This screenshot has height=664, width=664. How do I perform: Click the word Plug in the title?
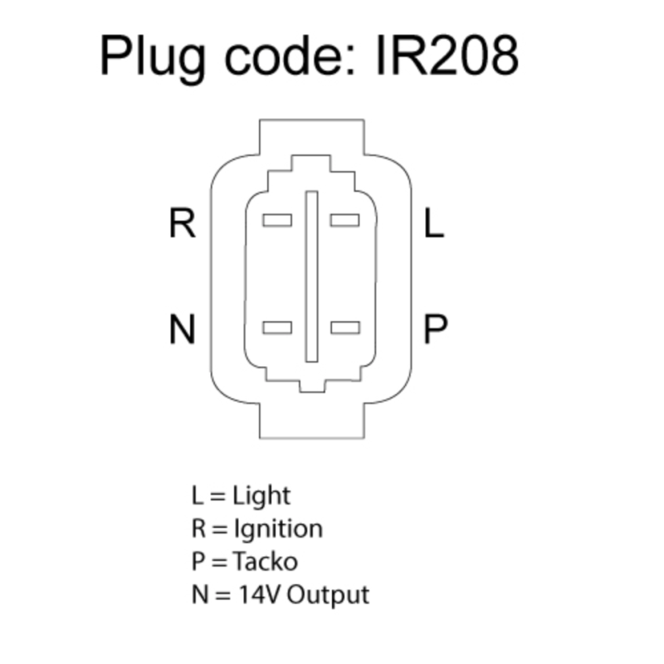(x=153, y=59)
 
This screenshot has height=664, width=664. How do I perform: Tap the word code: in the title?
(x=290, y=55)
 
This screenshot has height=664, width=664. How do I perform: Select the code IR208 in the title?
(x=447, y=56)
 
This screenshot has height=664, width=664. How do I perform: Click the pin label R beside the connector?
(x=182, y=222)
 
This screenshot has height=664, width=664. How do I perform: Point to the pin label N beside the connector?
(x=182, y=329)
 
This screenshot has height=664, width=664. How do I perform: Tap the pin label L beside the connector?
(x=434, y=222)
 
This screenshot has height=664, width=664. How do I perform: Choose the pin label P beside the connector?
(x=436, y=329)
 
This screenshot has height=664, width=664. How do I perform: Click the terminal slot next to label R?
(x=277, y=220)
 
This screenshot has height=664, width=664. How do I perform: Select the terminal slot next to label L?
(x=345, y=220)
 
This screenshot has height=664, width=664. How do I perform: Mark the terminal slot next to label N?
(x=277, y=328)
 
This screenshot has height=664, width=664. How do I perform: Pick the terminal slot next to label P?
(x=345, y=328)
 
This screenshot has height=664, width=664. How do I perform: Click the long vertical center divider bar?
(x=312, y=276)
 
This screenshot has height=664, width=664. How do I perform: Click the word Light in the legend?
(x=261, y=496)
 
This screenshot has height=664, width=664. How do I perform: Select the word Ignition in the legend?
(x=278, y=529)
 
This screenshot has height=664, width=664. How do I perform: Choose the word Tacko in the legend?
(x=265, y=562)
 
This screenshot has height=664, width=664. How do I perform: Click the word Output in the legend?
(x=328, y=595)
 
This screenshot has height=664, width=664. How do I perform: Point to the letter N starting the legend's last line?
(x=200, y=594)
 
